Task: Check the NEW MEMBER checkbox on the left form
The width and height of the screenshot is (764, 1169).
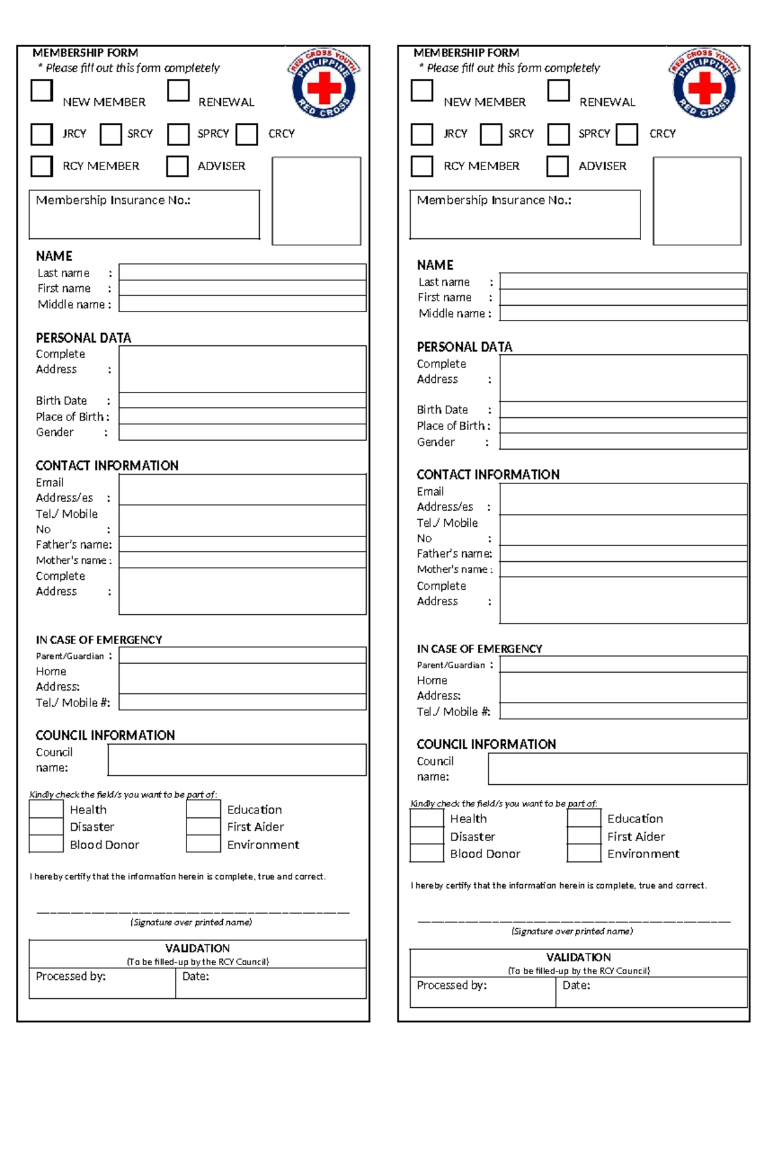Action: [41, 90]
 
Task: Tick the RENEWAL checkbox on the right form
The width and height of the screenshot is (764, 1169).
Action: [558, 90]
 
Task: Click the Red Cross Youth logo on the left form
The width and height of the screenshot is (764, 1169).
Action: [323, 83]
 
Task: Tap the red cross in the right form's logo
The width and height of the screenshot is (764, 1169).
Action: [704, 87]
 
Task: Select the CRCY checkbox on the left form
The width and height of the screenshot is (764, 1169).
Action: [246, 134]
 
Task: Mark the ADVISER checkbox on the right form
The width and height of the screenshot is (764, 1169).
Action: [557, 166]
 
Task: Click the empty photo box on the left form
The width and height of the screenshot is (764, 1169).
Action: [316, 201]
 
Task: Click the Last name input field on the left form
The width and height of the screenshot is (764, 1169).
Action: [242, 272]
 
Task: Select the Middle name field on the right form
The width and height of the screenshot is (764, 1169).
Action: [623, 313]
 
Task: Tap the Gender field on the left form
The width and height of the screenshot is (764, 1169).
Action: [242, 433]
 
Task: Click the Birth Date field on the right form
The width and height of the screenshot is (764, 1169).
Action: [623, 409]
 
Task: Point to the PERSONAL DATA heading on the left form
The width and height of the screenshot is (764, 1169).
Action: [83, 338]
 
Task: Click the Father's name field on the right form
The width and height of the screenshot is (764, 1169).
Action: [623, 553]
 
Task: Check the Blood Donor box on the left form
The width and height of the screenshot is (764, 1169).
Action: [46, 844]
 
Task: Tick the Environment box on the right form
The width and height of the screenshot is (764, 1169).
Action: [584, 854]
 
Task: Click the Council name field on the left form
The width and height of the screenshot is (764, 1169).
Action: [237, 759]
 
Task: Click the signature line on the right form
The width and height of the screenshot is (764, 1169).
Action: [573, 921]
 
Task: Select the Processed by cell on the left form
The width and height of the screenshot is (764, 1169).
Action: [102, 983]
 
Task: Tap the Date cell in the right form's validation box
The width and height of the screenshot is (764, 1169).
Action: [651, 992]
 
